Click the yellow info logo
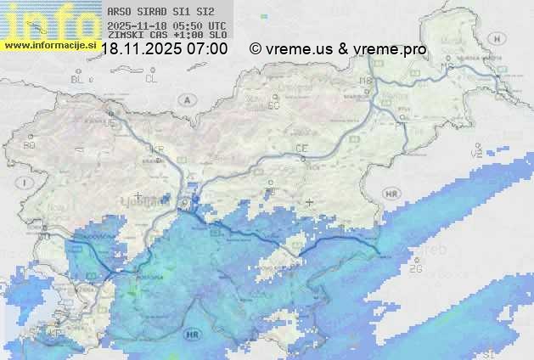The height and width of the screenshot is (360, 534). pos(47,19)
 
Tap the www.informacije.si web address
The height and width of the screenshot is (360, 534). pos(48,44)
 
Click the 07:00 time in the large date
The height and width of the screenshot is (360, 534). pos(206,49)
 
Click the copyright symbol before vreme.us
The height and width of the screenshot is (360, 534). pos(256,49)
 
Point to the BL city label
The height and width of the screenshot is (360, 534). pos(79,79)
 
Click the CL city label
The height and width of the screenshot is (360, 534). pos(151,79)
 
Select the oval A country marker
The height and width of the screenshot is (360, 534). pos(185,99)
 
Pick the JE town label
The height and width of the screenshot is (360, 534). pos(109,123)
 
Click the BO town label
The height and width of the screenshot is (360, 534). pos(30,145)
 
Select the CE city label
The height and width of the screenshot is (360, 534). pos(301,149)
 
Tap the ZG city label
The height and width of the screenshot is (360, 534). pos(415,269)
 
